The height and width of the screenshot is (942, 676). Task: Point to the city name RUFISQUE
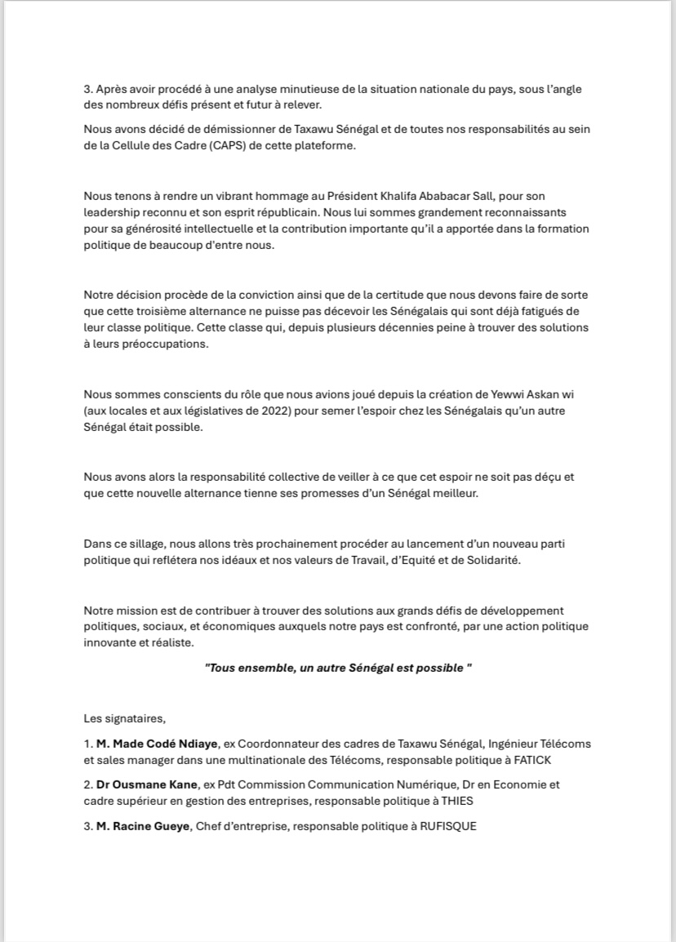point(447,826)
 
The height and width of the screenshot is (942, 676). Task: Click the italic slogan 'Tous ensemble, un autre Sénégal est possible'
point(338,668)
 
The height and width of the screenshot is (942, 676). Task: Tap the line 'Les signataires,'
point(124,718)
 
